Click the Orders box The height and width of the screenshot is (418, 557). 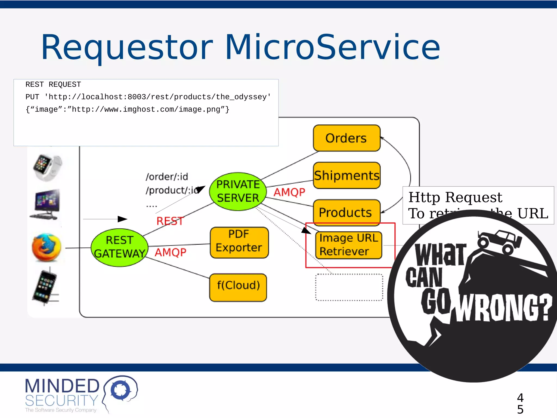pyautogui.click(x=346, y=138)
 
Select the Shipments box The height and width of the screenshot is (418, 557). pyautogui.click(x=346, y=176)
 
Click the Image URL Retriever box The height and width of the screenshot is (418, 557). pyautogui.click(x=348, y=245)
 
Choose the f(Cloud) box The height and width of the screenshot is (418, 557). pyautogui.click(x=238, y=287)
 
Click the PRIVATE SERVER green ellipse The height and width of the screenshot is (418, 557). pyautogui.click(x=238, y=191)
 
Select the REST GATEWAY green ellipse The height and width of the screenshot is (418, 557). pyautogui.click(x=119, y=247)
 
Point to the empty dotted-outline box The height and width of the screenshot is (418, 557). pyautogui.click(x=349, y=287)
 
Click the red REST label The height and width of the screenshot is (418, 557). pyautogui.click(x=170, y=221)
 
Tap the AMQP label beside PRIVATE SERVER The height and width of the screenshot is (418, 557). pyautogui.click(x=289, y=192)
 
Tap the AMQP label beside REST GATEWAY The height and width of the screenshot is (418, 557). pyautogui.click(x=171, y=253)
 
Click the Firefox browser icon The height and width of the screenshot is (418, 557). pyautogui.click(x=47, y=247)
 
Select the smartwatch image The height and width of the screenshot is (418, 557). pyautogui.click(x=47, y=167)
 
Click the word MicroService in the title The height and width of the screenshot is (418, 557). pyautogui.click(x=332, y=47)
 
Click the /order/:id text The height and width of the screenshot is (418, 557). pyautogui.click(x=167, y=177)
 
